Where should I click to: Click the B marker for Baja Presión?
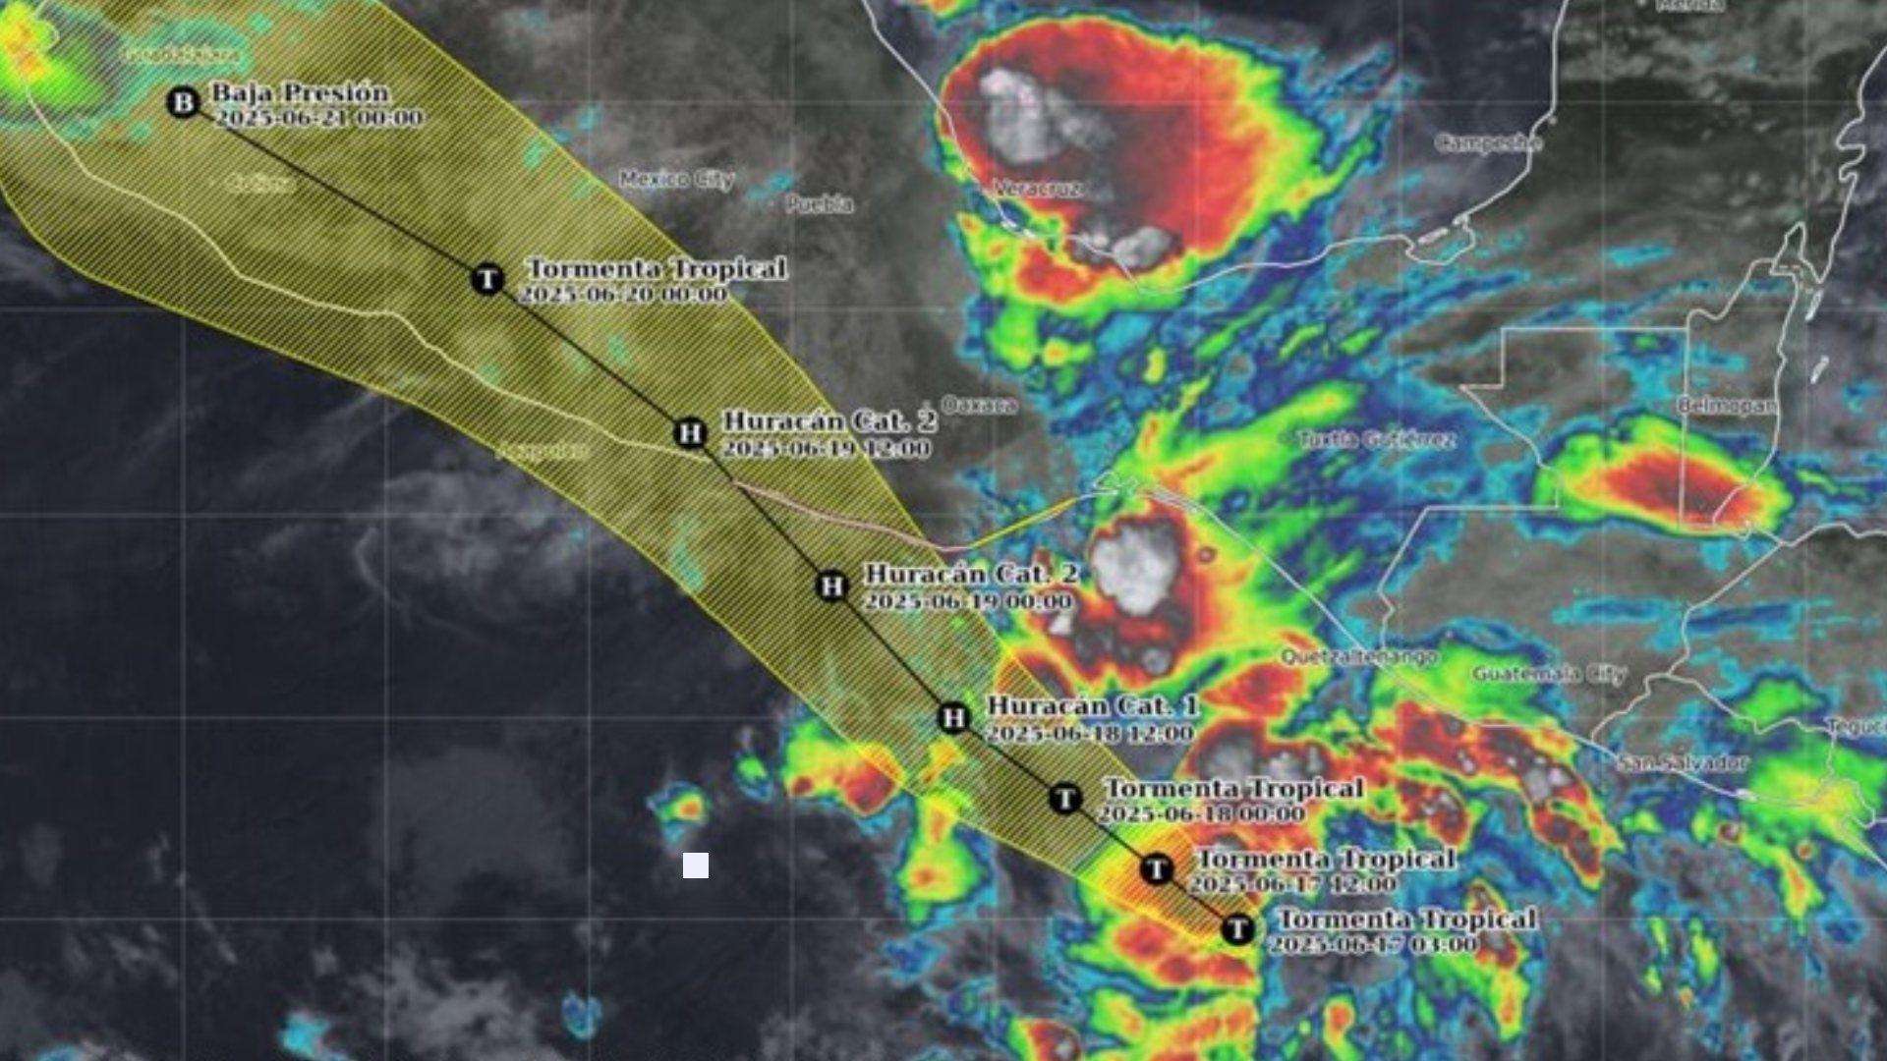pyautogui.click(x=183, y=102)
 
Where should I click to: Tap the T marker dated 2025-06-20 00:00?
pyautogui.click(x=487, y=279)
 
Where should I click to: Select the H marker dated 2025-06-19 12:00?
pyautogui.click(x=691, y=432)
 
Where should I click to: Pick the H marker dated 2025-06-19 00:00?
pyautogui.click(x=831, y=586)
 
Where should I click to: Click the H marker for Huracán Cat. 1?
pyautogui.click(x=952, y=718)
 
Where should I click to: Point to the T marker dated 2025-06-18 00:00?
pyautogui.click(x=1064, y=799)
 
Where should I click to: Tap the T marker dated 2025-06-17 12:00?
pyautogui.click(x=1157, y=868)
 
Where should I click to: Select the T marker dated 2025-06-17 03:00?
pyautogui.click(x=1237, y=928)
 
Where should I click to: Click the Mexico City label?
pyautogui.click(x=677, y=180)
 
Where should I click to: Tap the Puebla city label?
pyautogui.click(x=819, y=204)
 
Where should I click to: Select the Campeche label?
pyautogui.click(x=1487, y=143)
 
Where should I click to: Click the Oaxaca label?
pyautogui.click(x=979, y=405)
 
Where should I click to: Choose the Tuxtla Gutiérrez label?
pyautogui.click(x=1377, y=439)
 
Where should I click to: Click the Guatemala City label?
pyautogui.click(x=1548, y=674)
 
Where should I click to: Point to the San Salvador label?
pyautogui.click(x=1683, y=762)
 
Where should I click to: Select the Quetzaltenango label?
pyautogui.click(x=1359, y=655)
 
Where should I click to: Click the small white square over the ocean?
pyautogui.click(x=696, y=866)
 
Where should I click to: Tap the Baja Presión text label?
pyautogui.click(x=301, y=93)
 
